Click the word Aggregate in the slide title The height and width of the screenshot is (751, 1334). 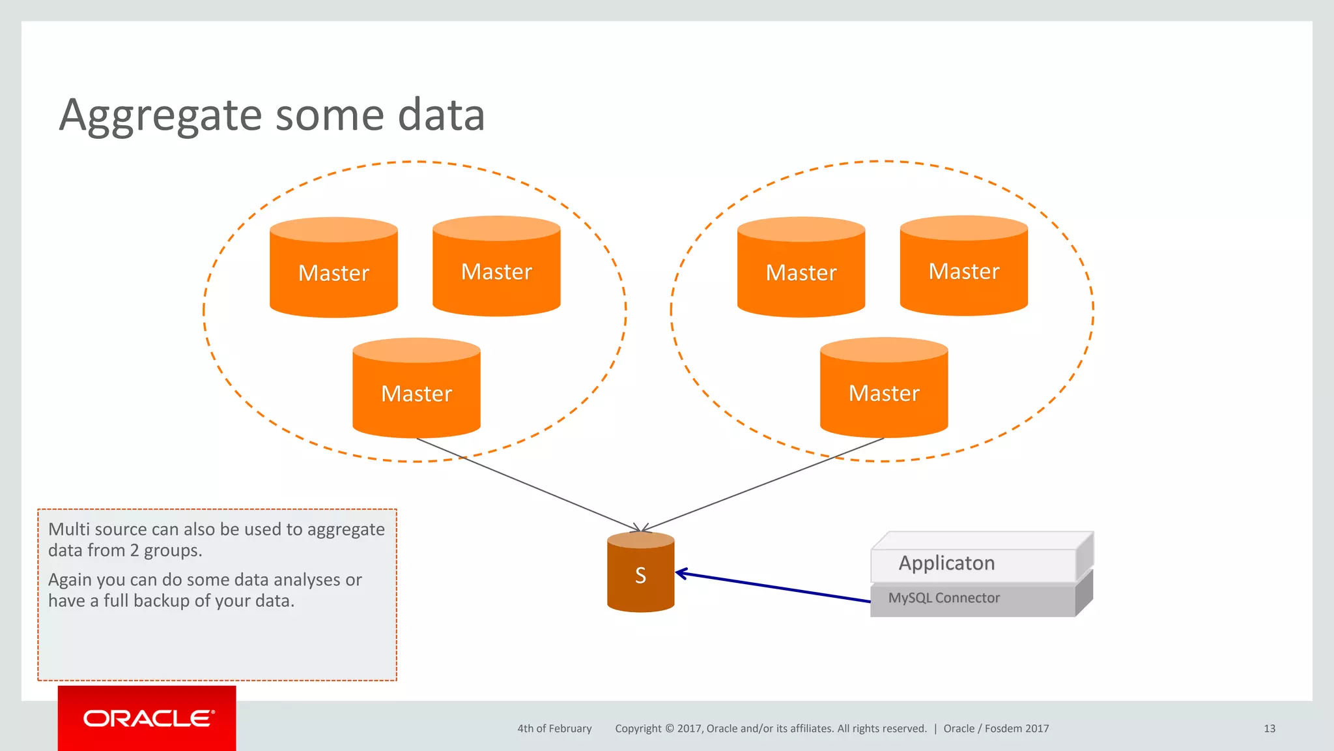160,116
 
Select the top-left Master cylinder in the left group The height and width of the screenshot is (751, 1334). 333,272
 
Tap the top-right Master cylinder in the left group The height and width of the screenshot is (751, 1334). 496,271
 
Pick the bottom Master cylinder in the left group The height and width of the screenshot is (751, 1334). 416,392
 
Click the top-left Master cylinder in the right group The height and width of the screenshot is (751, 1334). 801,272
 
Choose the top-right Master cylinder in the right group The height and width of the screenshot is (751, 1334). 964,271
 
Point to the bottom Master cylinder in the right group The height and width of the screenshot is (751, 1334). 884,392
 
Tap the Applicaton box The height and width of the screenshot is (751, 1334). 972,563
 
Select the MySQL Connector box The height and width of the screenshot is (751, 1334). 972,598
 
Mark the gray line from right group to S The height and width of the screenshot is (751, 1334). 762,484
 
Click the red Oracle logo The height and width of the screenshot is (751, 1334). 147,718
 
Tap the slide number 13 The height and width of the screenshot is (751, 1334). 1269,729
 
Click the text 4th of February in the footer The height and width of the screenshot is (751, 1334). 554,729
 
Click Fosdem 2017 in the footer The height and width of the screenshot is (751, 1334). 1017,729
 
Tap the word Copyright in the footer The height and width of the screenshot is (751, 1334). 638,729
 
